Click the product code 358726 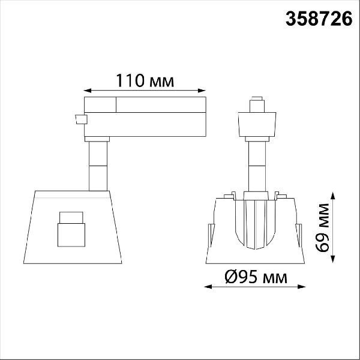click(319, 19)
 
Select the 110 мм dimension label click(145, 80)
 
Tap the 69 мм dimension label click(322, 228)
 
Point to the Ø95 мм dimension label click(256, 277)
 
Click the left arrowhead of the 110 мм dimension click(87, 91)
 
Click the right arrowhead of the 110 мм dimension click(202, 91)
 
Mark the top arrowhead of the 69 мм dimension click(332, 197)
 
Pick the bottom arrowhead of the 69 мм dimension click(332, 259)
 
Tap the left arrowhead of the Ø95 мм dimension click(208, 287)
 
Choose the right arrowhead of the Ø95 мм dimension click(301, 287)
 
